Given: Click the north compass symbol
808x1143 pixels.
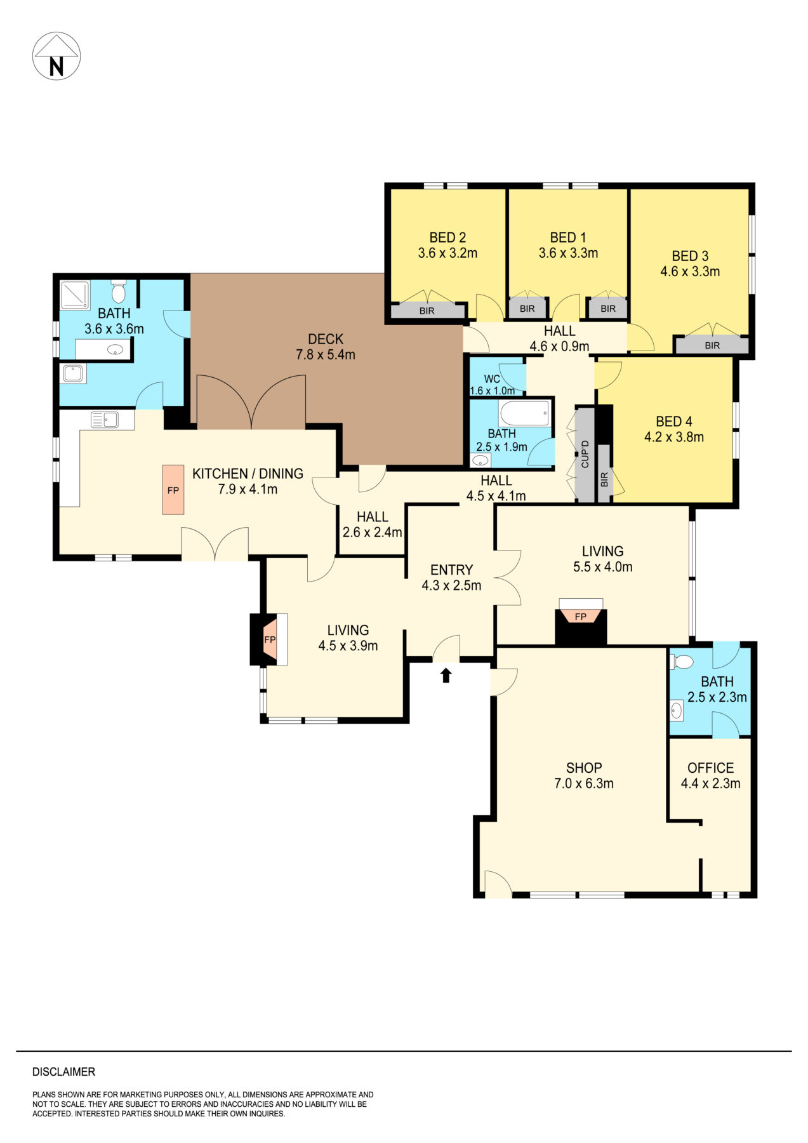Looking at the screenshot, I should (x=56, y=57).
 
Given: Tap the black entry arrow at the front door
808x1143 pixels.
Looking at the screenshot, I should (x=446, y=675).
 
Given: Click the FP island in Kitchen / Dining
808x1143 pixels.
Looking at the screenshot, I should (x=173, y=490).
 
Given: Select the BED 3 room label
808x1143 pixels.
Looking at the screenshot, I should (x=690, y=264).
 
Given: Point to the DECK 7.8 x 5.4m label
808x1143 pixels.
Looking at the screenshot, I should (x=326, y=347).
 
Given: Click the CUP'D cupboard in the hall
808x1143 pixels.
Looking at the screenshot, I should (x=585, y=455).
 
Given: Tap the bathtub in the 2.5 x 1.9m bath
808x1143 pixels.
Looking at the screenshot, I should (x=524, y=413).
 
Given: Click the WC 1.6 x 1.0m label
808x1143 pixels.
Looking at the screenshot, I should (x=493, y=385).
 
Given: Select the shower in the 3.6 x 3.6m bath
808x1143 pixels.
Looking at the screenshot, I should (x=75, y=295).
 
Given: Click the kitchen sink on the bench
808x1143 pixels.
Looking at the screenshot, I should (x=104, y=420).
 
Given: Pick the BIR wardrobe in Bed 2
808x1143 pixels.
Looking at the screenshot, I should (x=427, y=311).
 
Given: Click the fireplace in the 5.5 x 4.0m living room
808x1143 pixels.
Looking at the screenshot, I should (x=581, y=622).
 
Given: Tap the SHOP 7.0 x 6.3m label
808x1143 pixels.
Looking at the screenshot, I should (x=583, y=775).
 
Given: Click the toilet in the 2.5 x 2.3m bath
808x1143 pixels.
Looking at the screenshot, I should (x=682, y=662).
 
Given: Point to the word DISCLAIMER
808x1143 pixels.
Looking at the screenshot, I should (x=63, y=1072).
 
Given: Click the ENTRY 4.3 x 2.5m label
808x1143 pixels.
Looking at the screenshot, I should (x=451, y=577).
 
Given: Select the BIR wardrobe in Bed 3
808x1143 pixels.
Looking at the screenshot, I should (x=712, y=345).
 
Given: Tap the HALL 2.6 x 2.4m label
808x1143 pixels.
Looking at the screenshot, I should (x=372, y=525).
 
